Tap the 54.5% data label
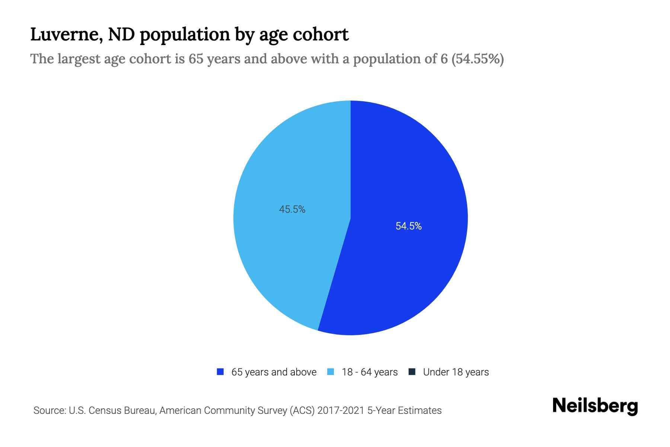[x=408, y=226]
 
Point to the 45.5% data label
[x=292, y=210]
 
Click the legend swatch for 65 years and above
[x=220, y=372]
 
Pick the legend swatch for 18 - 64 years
[x=331, y=372]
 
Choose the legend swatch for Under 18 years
[x=412, y=372]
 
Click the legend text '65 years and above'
[x=274, y=372]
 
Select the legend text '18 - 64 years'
[x=370, y=372]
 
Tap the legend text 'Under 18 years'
[x=456, y=372]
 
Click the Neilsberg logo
[x=595, y=406]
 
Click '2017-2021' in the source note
[x=341, y=410]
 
